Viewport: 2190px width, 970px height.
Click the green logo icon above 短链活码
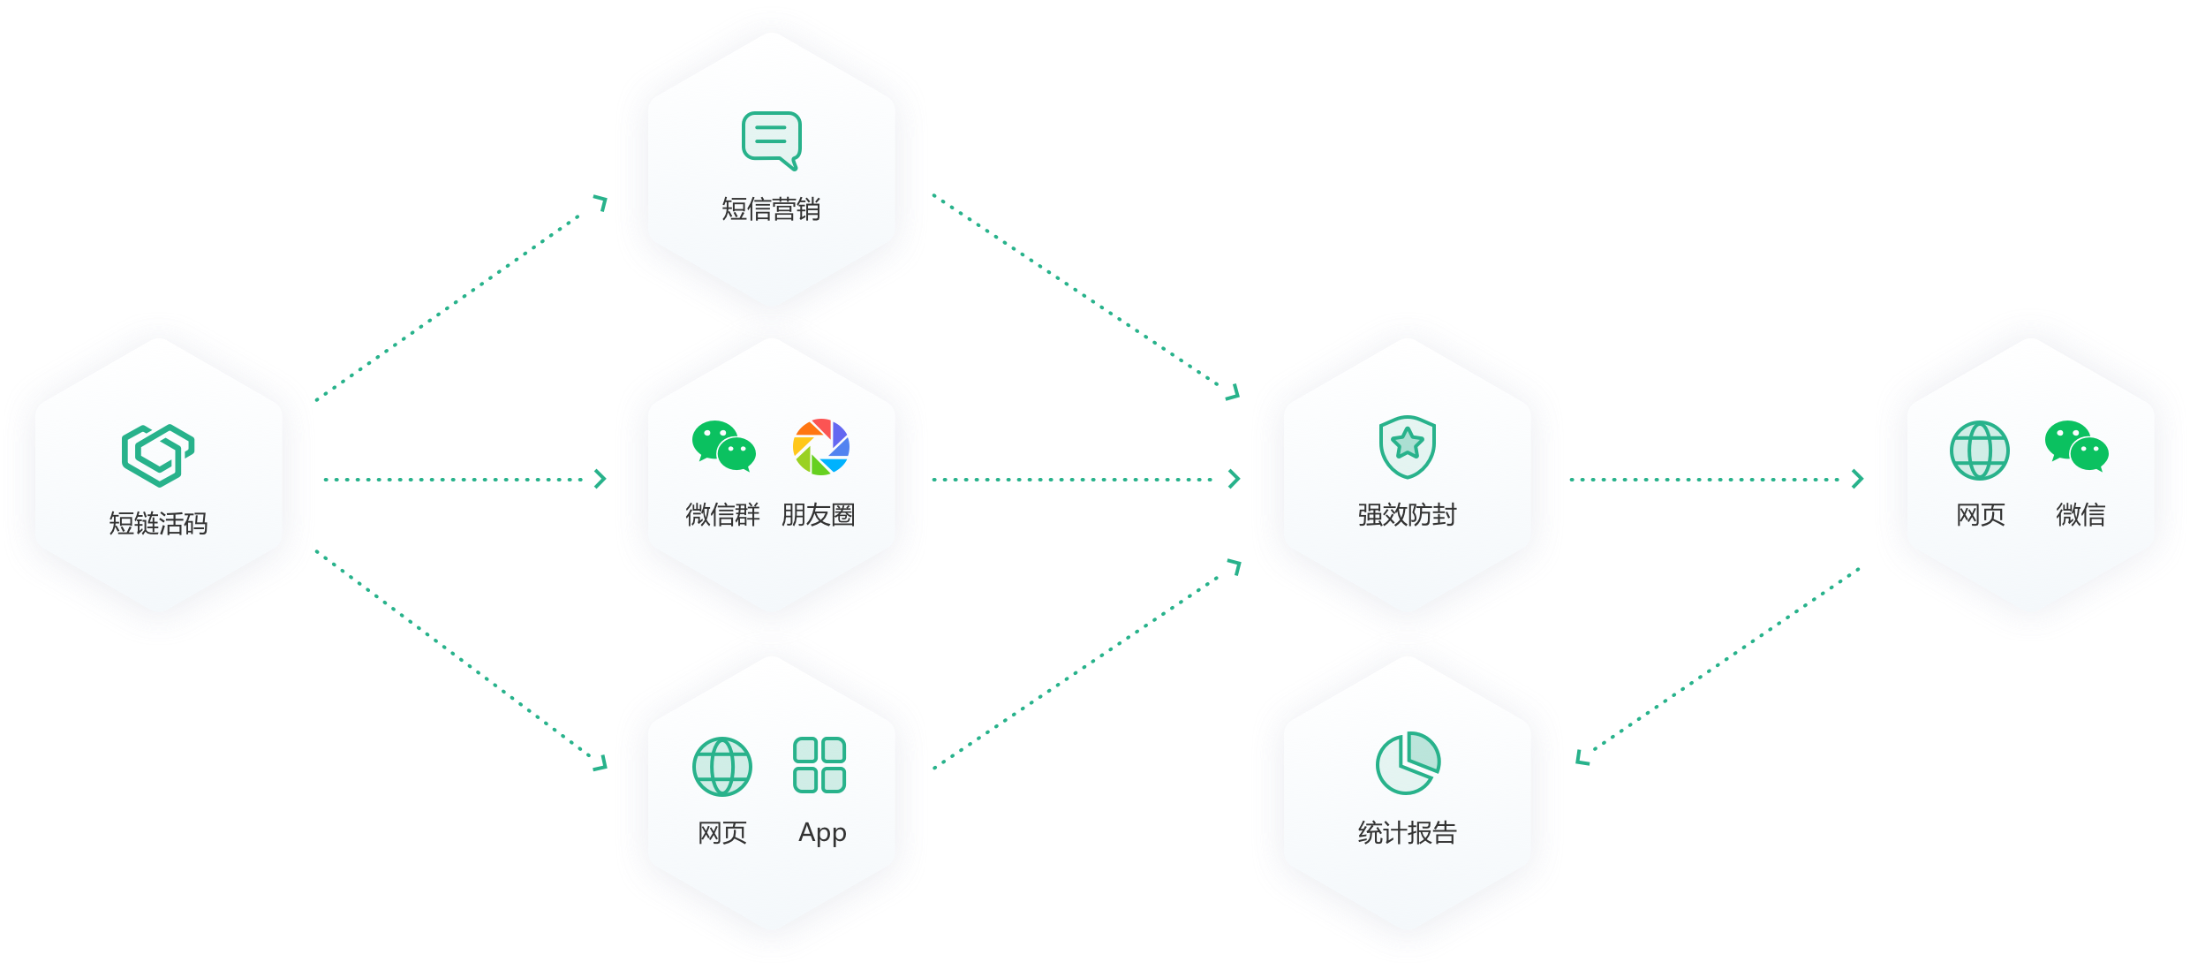click(x=158, y=455)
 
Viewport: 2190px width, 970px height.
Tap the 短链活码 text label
click(x=158, y=524)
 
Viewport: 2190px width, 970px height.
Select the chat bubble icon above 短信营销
click(x=772, y=140)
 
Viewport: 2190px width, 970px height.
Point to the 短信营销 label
click(x=771, y=209)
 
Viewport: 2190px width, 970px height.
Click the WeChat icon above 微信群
click(x=724, y=446)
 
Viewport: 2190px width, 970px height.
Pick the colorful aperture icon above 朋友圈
click(x=821, y=447)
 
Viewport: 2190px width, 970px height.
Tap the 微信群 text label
click(x=722, y=515)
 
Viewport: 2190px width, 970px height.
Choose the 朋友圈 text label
click(x=819, y=515)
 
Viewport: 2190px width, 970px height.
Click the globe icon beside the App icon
click(x=722, y=766)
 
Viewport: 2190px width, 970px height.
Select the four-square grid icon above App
click(x=819, y=765)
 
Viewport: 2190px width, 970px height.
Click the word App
click(x=822, y=833)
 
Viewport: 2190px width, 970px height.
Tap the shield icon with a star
click(x=1408, y=446)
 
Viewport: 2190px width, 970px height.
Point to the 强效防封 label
click(x=1407, y=515)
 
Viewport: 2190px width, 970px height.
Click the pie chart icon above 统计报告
click(x=1408, y=763)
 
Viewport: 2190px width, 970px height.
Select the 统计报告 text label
click(x=1407, y=833)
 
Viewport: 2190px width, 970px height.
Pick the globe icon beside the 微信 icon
click(x=1980, y=450)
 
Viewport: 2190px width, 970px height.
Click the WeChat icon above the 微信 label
click(x=2076, y=446)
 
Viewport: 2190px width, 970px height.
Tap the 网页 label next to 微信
click(x=1981, y=515)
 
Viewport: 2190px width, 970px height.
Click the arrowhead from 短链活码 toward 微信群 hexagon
click(x=601, y=479)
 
